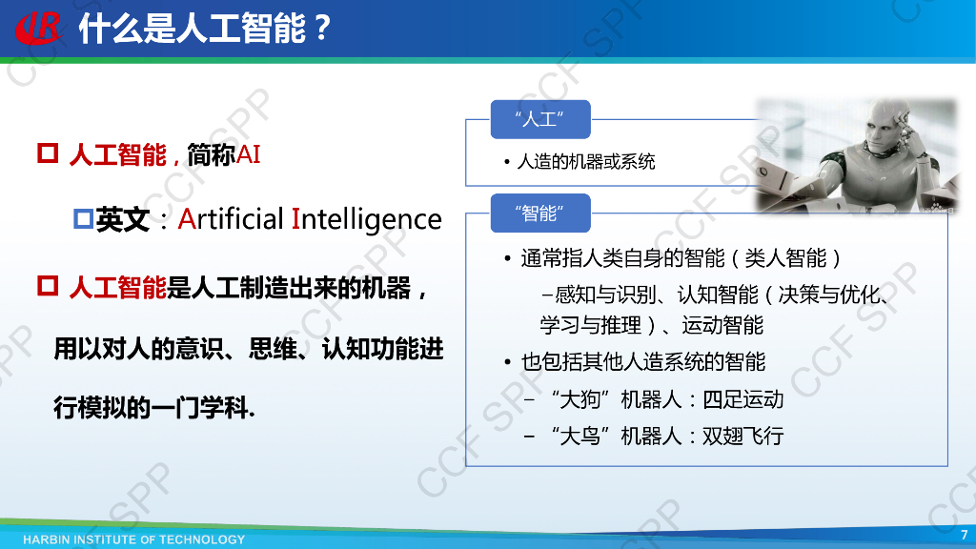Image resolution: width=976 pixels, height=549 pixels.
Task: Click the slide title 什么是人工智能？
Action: [204, 29]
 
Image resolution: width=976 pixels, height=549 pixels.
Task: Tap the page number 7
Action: [963, 534]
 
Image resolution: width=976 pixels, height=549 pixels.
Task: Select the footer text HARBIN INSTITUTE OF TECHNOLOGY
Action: [134, 539]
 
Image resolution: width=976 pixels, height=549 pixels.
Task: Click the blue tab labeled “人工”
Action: [539, 119]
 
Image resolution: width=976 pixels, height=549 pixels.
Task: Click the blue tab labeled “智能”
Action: [539, 213]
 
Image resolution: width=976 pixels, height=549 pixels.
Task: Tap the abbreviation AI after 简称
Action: [248, 155]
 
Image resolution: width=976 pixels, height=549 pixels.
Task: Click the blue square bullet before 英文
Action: [82, 219]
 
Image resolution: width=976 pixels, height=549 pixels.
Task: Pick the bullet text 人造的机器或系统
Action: [585, 162]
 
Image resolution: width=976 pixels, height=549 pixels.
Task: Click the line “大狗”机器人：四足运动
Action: [666, 399]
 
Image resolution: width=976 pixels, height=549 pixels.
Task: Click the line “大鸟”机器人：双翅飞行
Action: [666, 437]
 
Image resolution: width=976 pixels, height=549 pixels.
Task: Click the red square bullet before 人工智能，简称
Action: [48, 153]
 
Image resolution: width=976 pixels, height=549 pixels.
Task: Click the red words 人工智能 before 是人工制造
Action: [117, 287]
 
